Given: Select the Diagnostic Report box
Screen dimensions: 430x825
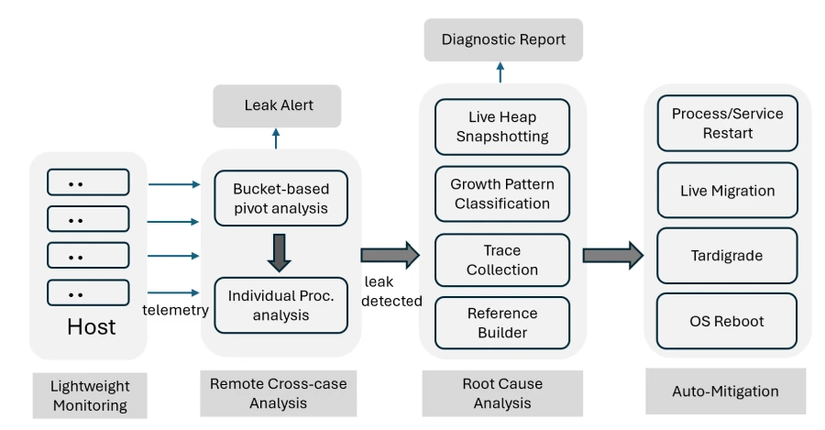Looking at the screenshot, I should pyautogui.click(x=503, y=39).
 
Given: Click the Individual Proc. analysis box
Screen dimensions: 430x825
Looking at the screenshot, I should pyautogui.click(x=280, y=304).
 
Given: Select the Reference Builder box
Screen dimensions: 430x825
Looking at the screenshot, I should pyautogui.click(x=502, y=324).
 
